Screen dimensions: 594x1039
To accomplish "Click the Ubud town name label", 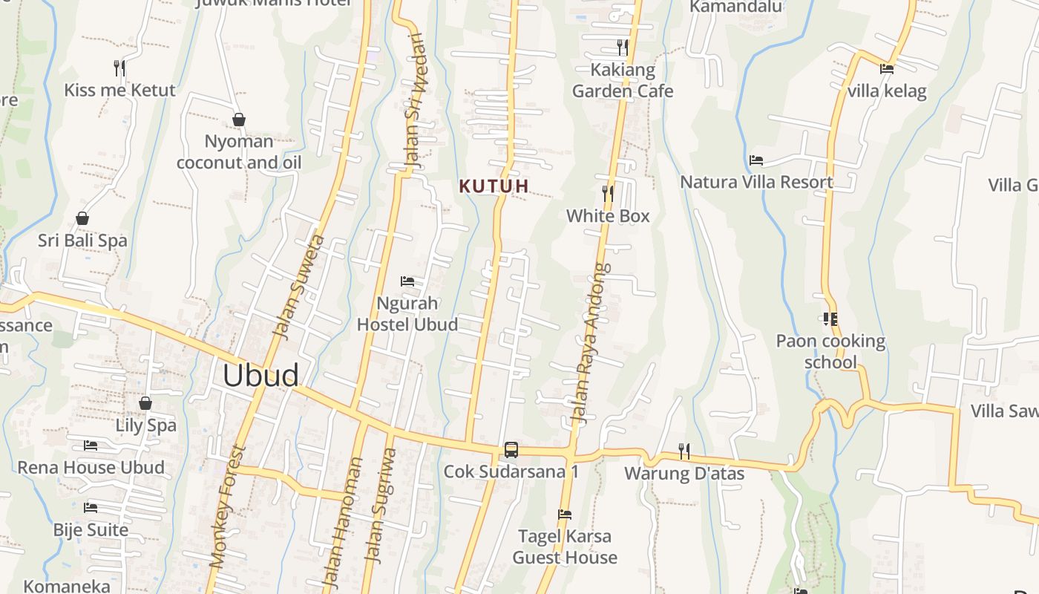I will (x=260, y=376).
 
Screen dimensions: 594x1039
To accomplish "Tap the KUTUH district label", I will (x=494, y=186).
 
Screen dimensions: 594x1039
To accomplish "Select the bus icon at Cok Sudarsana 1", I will (x=511, y=449).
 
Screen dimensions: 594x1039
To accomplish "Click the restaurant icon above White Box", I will (x=608, y=194).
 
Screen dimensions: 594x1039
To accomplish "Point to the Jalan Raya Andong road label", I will (x=591, y=343).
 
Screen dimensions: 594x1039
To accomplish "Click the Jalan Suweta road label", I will (x=299, y=287).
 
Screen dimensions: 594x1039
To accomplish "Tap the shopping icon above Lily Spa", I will (x=145, y=403).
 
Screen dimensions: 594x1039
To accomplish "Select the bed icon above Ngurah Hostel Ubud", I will (x=407, y=281).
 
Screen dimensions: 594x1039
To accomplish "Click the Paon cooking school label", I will (x=830, y=351).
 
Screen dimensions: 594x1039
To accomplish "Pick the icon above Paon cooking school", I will (x=830, y=319).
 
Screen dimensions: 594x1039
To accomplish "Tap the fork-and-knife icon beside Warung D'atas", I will (x=684, y=451).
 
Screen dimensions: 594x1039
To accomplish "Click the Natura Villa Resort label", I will (x=756, y=182).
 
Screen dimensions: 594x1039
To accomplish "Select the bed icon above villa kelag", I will (x=886, y=69).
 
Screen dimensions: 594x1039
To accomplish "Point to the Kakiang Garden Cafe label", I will (x=623, y=80).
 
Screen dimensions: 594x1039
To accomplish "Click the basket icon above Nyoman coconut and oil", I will (x=239, y=119).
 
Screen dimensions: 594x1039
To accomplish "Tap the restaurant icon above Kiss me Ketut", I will (x=119, y=68).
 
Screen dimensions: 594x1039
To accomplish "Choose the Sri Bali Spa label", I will (x=82, y=241).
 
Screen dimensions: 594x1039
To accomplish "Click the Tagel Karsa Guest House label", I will (x=565, y=546).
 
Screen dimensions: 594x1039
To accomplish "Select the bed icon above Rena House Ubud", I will (x=91, y=446).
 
